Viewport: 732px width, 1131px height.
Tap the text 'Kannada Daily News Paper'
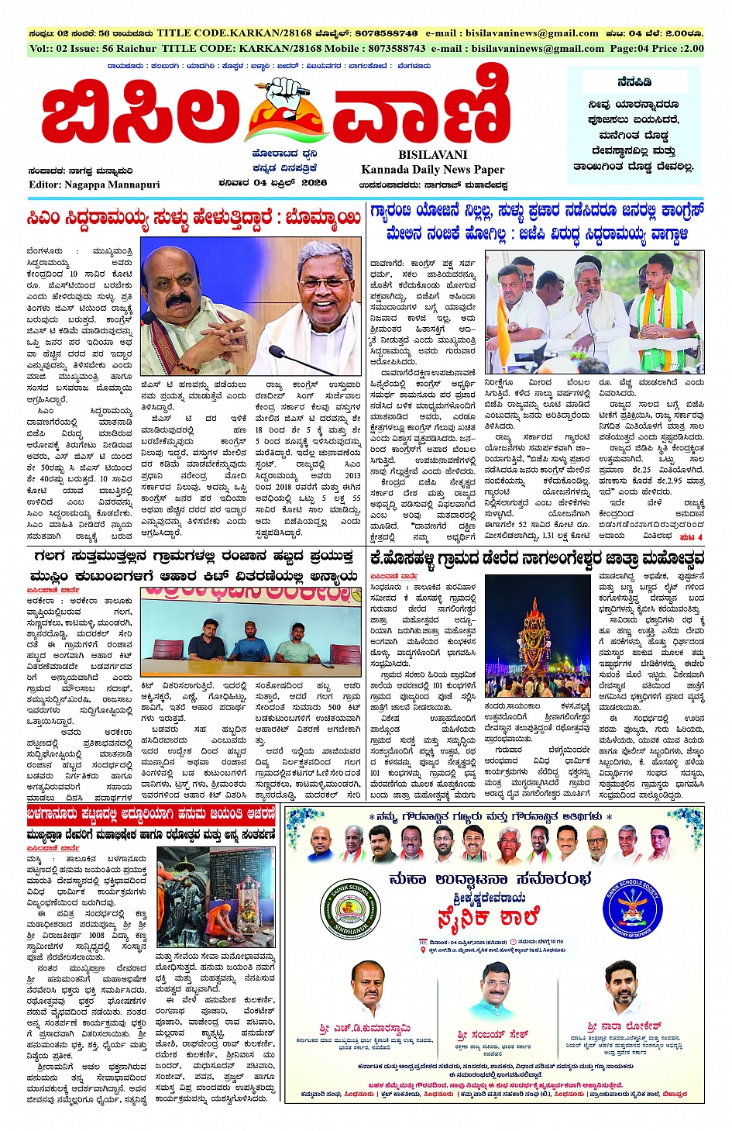[x=432, y=169]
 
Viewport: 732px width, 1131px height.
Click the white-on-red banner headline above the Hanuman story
[x=151, y=814]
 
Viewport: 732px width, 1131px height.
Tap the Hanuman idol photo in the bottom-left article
[x=184, y=898]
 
